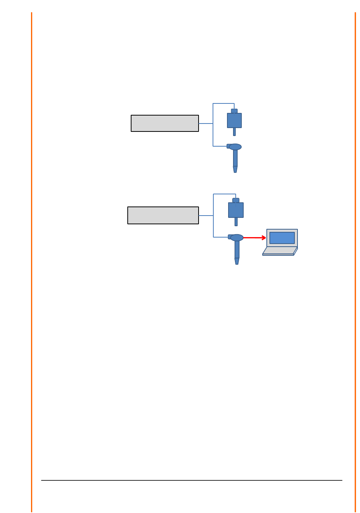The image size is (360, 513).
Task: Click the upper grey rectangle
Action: point(164,124)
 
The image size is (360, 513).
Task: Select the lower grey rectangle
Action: point(163,216)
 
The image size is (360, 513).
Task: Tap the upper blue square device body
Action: point(234,120)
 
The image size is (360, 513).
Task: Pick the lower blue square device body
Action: point(236,210)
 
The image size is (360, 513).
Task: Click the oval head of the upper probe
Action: point(235,147)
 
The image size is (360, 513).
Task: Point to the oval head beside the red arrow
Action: point(237,238)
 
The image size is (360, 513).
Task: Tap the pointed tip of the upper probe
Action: point(235,170)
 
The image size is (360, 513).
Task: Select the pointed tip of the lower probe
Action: point(237,261)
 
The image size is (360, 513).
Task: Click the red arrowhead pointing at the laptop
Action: point(264,238)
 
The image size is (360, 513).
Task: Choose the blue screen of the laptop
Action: point(282,238)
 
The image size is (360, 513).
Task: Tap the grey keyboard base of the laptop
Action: point(279,250)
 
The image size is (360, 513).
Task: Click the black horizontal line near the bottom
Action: point(191,480)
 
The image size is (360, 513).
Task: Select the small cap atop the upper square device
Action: point(234,111)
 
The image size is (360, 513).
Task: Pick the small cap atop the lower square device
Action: point(236,200)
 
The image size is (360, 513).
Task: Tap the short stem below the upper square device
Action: point(234,132)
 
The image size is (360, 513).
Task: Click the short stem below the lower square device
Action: point(236,222)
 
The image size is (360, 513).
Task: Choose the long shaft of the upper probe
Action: point(235,158)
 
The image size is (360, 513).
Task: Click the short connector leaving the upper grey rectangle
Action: point(205,124)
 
